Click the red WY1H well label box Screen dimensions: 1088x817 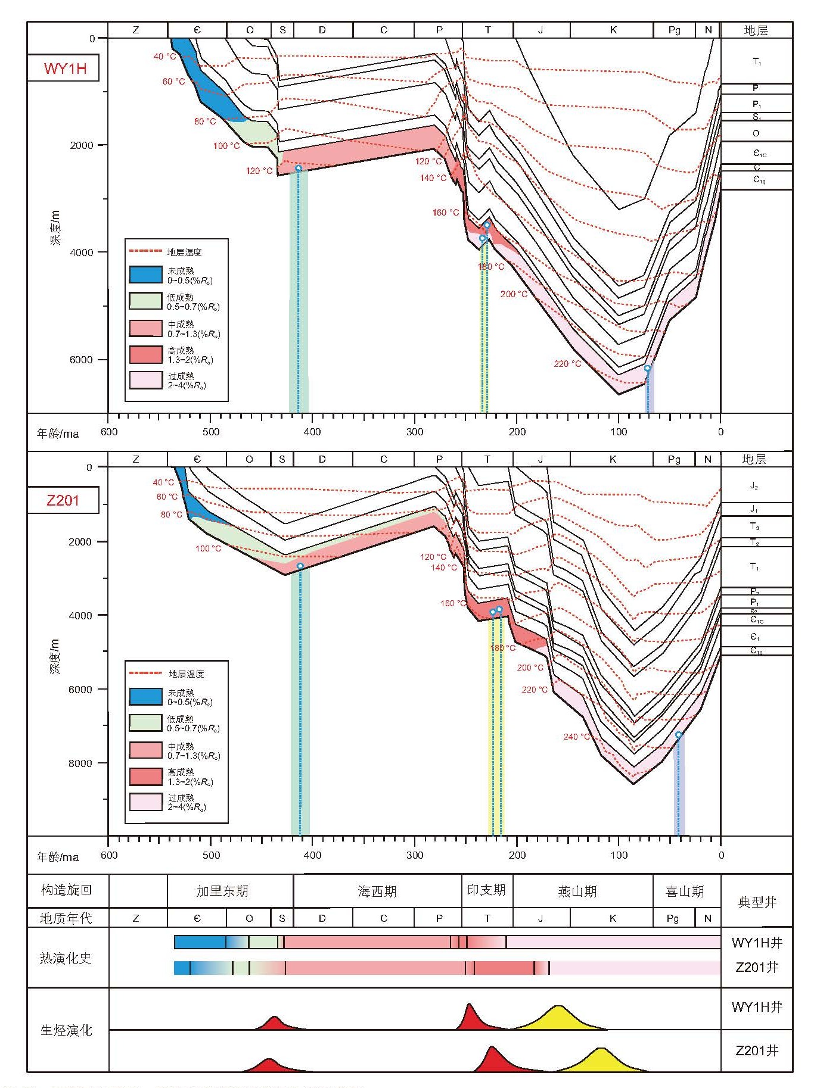click(x=63, y=68)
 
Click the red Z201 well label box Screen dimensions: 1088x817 click(x=63, y=500)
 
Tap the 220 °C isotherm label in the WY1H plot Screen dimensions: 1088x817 click(x=567, y=363)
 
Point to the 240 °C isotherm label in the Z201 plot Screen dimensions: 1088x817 click(x=576, y=737)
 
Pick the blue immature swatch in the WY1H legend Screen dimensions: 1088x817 click(x=146, y=275)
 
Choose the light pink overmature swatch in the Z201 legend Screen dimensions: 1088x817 click(x=146, y=802)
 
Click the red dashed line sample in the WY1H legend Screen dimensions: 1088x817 click(x=145, y=251)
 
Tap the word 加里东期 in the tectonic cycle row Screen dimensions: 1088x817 click(x=222, y=891)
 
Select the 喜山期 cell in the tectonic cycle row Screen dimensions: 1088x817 click(x=685, y=891)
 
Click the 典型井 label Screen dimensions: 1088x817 click(x=757, y=902)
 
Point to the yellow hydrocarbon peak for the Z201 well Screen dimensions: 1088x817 click(x=602, y=1061)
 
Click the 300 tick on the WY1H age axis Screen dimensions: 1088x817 click(x=415, y=432)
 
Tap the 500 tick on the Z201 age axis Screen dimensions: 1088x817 click(x=211, y=855)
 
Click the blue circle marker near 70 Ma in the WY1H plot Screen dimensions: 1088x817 click(x=647, y=369)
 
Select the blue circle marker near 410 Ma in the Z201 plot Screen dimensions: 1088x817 click(x=300, y=566)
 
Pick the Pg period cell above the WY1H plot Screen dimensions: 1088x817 click(x=674, y=30)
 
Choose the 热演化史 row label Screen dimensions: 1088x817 click(x=66, y=958)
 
